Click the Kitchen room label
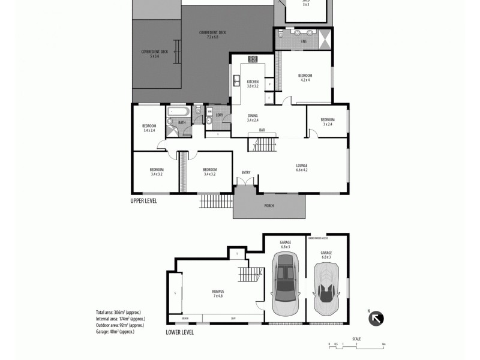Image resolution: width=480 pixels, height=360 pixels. (253, 82)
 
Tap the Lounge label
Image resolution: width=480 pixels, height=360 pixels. (301, 165)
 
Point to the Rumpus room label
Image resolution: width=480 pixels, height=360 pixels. (218, 292)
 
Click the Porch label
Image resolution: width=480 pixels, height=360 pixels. (269, 206)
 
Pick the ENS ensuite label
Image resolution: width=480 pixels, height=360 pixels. (304, 41)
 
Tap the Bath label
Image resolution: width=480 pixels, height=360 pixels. (182, 122)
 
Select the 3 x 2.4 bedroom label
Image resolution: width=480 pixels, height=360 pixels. (327, 119)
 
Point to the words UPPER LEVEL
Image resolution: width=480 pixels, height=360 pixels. (144, 201)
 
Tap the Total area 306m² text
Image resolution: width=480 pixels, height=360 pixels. (120, 313)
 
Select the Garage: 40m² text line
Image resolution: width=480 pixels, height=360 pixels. (115, 331)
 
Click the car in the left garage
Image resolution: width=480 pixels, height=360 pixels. (284, 283)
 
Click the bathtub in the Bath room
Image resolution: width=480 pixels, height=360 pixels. (178, 111)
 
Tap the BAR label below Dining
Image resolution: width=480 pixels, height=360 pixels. (262, 130)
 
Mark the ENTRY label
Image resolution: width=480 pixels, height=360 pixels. (245, 173)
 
